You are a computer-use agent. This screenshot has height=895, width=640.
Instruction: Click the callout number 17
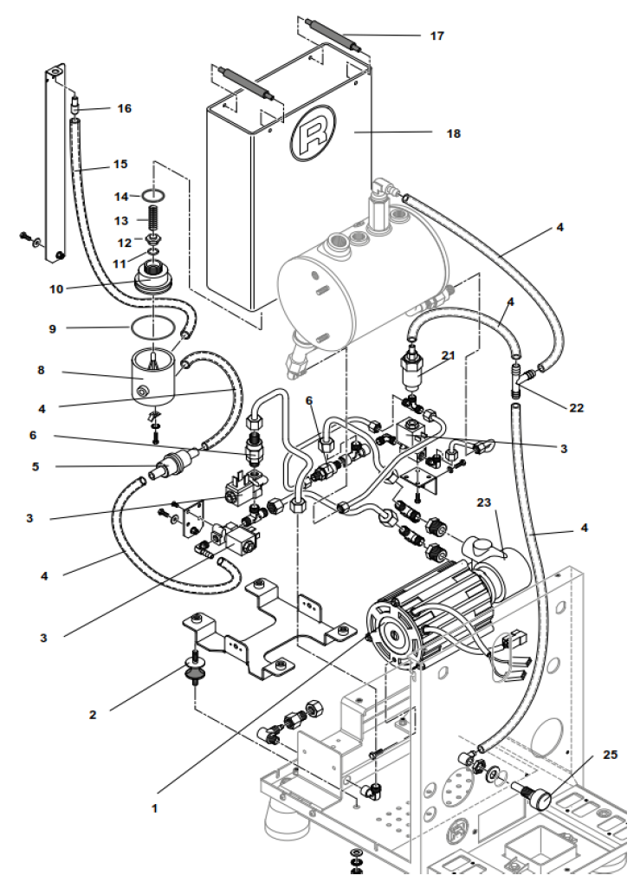[x=436, y=36]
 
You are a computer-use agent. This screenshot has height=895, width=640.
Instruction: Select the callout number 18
[x=454, y=133]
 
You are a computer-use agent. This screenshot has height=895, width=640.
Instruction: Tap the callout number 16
[x=125, y=108]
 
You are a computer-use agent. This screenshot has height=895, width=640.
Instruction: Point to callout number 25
[x=610, y=755]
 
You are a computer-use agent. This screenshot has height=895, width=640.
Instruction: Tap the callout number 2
[x=93, y=715]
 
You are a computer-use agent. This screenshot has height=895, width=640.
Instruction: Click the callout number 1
[x=155, y=807]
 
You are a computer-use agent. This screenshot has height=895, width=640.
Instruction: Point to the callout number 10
[x=56, y=289]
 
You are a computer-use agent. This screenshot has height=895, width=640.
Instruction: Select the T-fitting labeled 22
[x=522, y=377]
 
